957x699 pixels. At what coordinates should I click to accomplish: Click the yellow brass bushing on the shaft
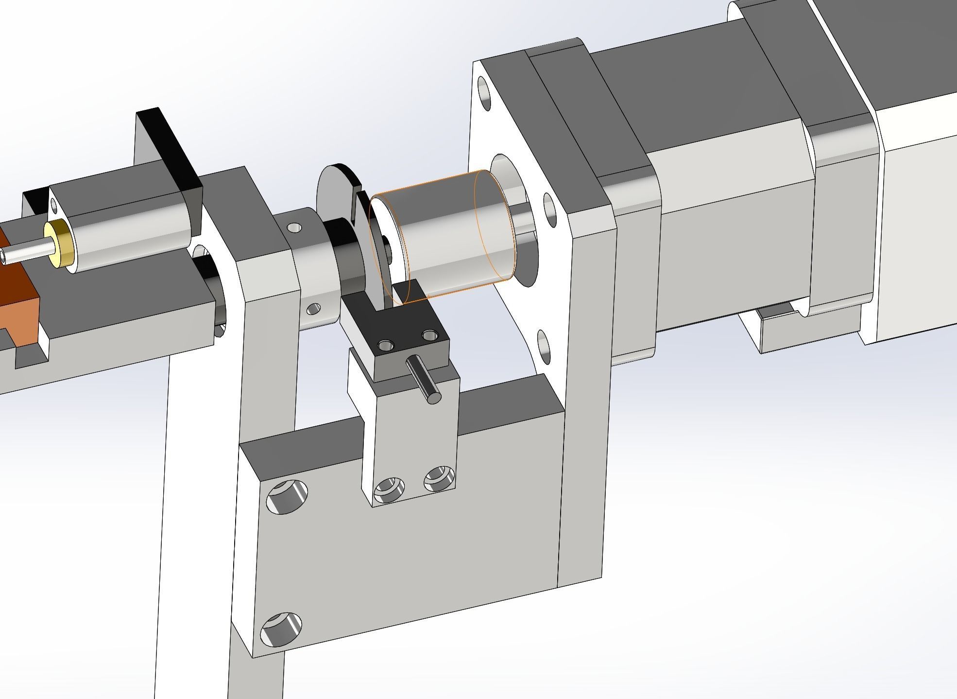pyautogui.click(x=57, y=244)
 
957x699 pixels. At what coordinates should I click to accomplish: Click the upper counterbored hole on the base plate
pyautogui.click(x=288, y=496)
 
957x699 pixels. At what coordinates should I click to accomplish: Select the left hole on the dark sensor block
pyautogui.click(x=386, y=346)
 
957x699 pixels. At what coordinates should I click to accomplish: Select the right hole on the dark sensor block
pyautogui.click(x=430, y=335)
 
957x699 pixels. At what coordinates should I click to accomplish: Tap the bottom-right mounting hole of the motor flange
pyautogui.click(x=545, y=347)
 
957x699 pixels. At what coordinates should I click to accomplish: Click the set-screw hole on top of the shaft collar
pyautogui.click(x=294, y=227)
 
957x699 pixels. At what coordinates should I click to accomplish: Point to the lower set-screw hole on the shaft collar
pyautogui.click(x=314, y=308)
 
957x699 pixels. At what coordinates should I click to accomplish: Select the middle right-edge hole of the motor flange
pyautogui.click(x=550, y=207)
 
